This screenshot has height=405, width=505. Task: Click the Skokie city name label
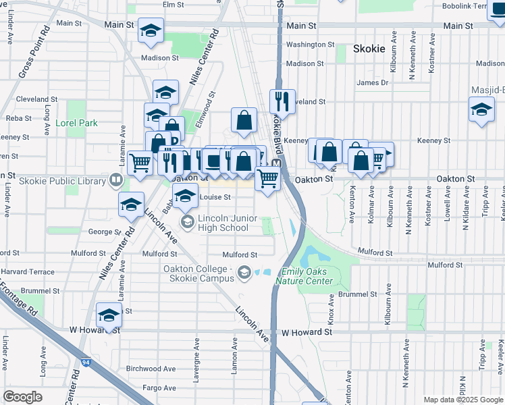click(x=369, y=49)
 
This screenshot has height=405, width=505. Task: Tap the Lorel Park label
click(x=78, y=123)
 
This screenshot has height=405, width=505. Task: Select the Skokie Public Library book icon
click(x=115, y=180)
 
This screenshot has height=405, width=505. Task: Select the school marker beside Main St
click(x=151, y=30)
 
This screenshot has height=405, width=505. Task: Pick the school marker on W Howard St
click(x=109, y=315)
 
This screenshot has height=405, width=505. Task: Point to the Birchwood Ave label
click(x=151, y=369)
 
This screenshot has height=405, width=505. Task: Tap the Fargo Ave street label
click(x=160, y=388)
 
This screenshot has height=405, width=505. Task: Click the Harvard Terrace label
click(x=27, y=272)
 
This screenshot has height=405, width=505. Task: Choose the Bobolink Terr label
click(x=473, y=5)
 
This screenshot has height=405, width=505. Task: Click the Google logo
click(x=23, y=396)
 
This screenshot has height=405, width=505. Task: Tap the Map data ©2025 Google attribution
click(x=463, y=400)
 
